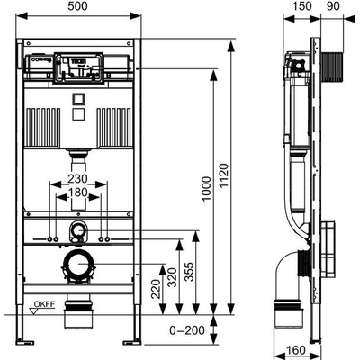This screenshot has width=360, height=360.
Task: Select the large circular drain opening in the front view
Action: pos(79,264)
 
